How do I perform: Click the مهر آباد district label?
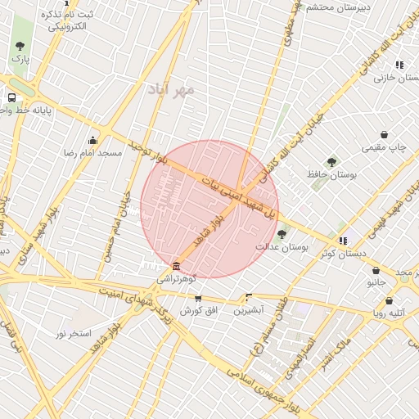171,88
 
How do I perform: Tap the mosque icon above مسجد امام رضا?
92,139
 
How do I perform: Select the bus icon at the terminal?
11,96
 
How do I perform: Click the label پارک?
20,59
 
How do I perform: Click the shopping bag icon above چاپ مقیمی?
384,134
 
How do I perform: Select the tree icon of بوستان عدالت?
282,233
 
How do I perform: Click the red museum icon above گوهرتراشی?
177,266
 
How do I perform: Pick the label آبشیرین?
248,311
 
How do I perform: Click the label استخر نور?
73,333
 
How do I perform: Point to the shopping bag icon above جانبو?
376,270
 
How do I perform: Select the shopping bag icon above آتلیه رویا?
389,300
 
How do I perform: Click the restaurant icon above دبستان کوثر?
342,241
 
